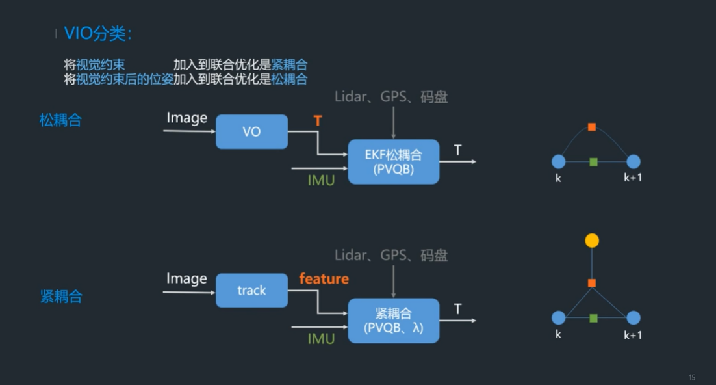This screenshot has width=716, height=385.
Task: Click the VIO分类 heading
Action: tap(98, 34)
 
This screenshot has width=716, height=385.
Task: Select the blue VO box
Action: tap(251, 132)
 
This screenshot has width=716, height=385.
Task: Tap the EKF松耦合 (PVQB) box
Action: tap(393, 162)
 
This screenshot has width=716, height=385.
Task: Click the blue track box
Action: tap(251, 290)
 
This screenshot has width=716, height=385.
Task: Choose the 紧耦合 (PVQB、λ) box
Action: tap(393, 321)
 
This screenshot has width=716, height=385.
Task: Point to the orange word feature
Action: tap(324, 279)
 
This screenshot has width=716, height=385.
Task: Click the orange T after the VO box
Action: tap(318, 121)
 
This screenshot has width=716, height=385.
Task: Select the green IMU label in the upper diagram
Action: tap(321, 180)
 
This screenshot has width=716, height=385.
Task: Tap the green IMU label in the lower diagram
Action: tap(321, 339)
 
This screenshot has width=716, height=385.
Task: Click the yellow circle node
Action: tap(592, 241)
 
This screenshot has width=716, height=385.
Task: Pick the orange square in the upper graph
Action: tap(592, 127)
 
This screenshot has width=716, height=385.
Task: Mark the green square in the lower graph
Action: tap(593, 318)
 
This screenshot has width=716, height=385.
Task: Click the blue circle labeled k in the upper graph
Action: tap(558, 161)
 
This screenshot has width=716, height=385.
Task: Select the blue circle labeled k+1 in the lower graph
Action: tap(633, 318)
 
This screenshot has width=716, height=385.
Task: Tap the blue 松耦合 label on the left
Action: tap(60, 120)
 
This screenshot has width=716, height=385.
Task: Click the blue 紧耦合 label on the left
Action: tap(61, 297)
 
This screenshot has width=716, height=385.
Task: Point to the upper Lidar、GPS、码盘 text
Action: tap(391, 97)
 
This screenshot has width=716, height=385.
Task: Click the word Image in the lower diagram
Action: tap(186, 279)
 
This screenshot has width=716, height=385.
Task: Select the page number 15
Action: tap(692, 377)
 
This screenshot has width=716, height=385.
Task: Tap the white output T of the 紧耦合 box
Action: tap(457, 309)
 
